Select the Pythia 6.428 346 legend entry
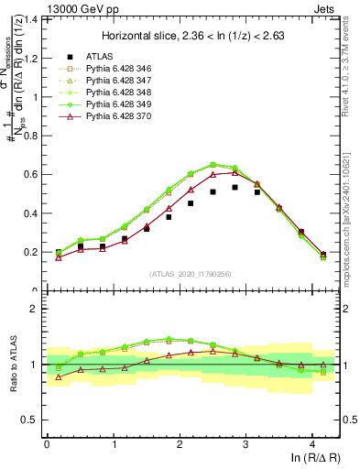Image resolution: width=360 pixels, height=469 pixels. tap(115, 69)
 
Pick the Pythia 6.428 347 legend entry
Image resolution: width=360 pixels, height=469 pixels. tap(115, 81)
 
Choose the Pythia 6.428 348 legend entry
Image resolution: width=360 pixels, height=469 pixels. tap(115, 93)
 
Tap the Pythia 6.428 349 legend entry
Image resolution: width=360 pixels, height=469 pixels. tap(115, 104)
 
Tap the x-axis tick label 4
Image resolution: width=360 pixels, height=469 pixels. tap(312, 443)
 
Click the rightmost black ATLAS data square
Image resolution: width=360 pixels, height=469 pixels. tap(323, 255)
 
